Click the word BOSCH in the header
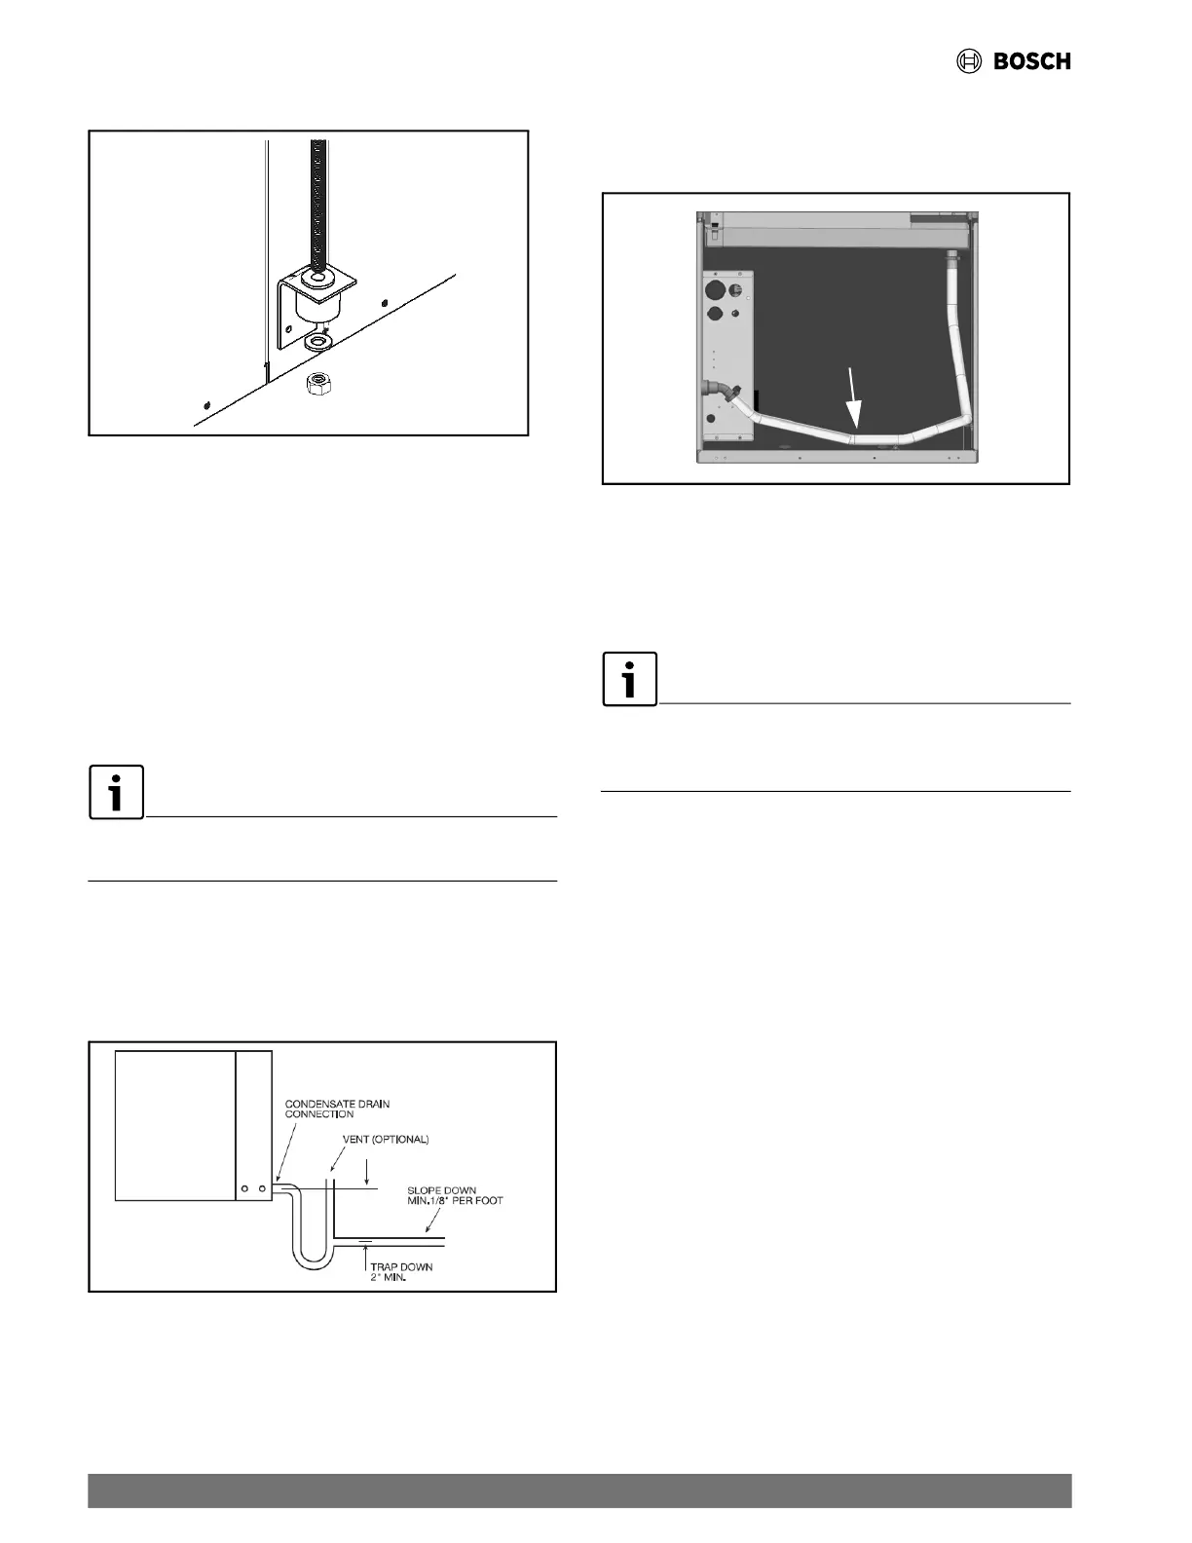[x=1031, y=61]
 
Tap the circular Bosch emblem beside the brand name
[x=969, y=61]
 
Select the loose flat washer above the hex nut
[x=317, y=343]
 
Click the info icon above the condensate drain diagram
[x=117, y=792]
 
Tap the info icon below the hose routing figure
[x=630, y=679]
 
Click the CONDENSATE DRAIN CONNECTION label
[x=337, y=1109]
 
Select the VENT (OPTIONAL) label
[x=386, y=1139]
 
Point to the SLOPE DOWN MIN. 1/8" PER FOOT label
[x=455, y=1195]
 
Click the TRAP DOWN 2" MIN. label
[x=400, y=1271]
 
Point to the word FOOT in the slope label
[x=488, y=1200]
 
